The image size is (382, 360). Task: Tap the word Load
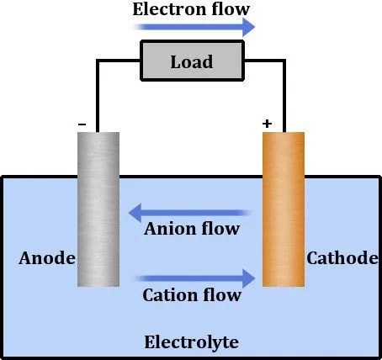click(x=191, y=61)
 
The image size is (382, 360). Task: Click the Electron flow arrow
click(x=194, y=28)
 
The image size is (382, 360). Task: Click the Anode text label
click(x=47, y=258)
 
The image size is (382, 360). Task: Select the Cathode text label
click(x=342, y=258)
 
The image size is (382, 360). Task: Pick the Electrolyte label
click(x=192, y=342)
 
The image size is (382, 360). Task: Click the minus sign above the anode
click(x=82, y=124)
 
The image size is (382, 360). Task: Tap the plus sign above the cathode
click(x=267, y=124)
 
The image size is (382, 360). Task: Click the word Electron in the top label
click(x=167, y=10)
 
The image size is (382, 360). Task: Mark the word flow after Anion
click(x=223, y=229)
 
